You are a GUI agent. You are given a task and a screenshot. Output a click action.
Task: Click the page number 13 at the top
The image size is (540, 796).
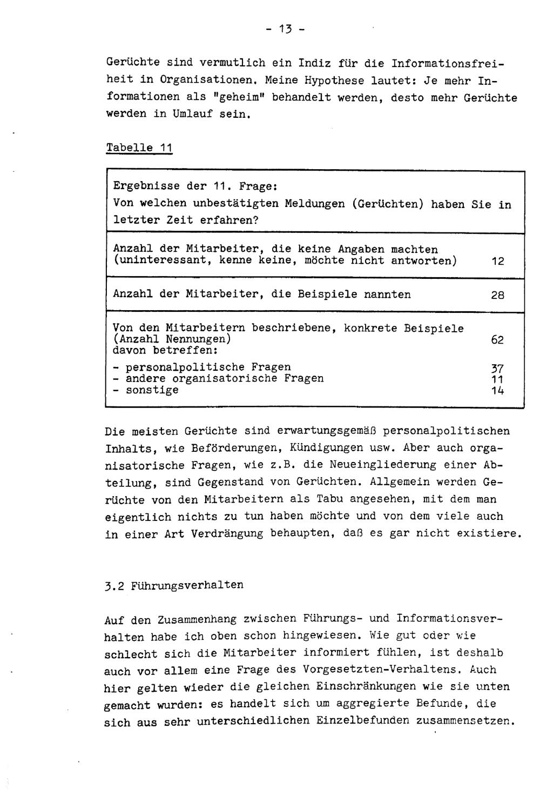click(x=285, y=30)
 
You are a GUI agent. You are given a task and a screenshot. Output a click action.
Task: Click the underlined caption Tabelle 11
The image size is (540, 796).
click(x=139, y=148)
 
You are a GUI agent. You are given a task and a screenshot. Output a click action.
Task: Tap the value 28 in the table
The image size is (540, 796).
click(x=497, y=296)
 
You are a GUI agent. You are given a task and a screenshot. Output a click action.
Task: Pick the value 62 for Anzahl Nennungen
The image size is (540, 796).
click(x=497, y=340)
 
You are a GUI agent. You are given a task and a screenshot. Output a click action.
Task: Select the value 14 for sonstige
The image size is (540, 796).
click(x=497, y=390)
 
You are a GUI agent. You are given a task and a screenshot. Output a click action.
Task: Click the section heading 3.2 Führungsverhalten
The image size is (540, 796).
click(x=174, y=585)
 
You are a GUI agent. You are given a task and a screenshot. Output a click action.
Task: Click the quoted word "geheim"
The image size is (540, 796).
click(x=246, y=98)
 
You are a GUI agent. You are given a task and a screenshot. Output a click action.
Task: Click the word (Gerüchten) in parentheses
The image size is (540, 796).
click(x=390, y=204)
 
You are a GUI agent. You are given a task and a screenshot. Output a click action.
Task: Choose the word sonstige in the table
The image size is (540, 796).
click(x=152, y=390)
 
